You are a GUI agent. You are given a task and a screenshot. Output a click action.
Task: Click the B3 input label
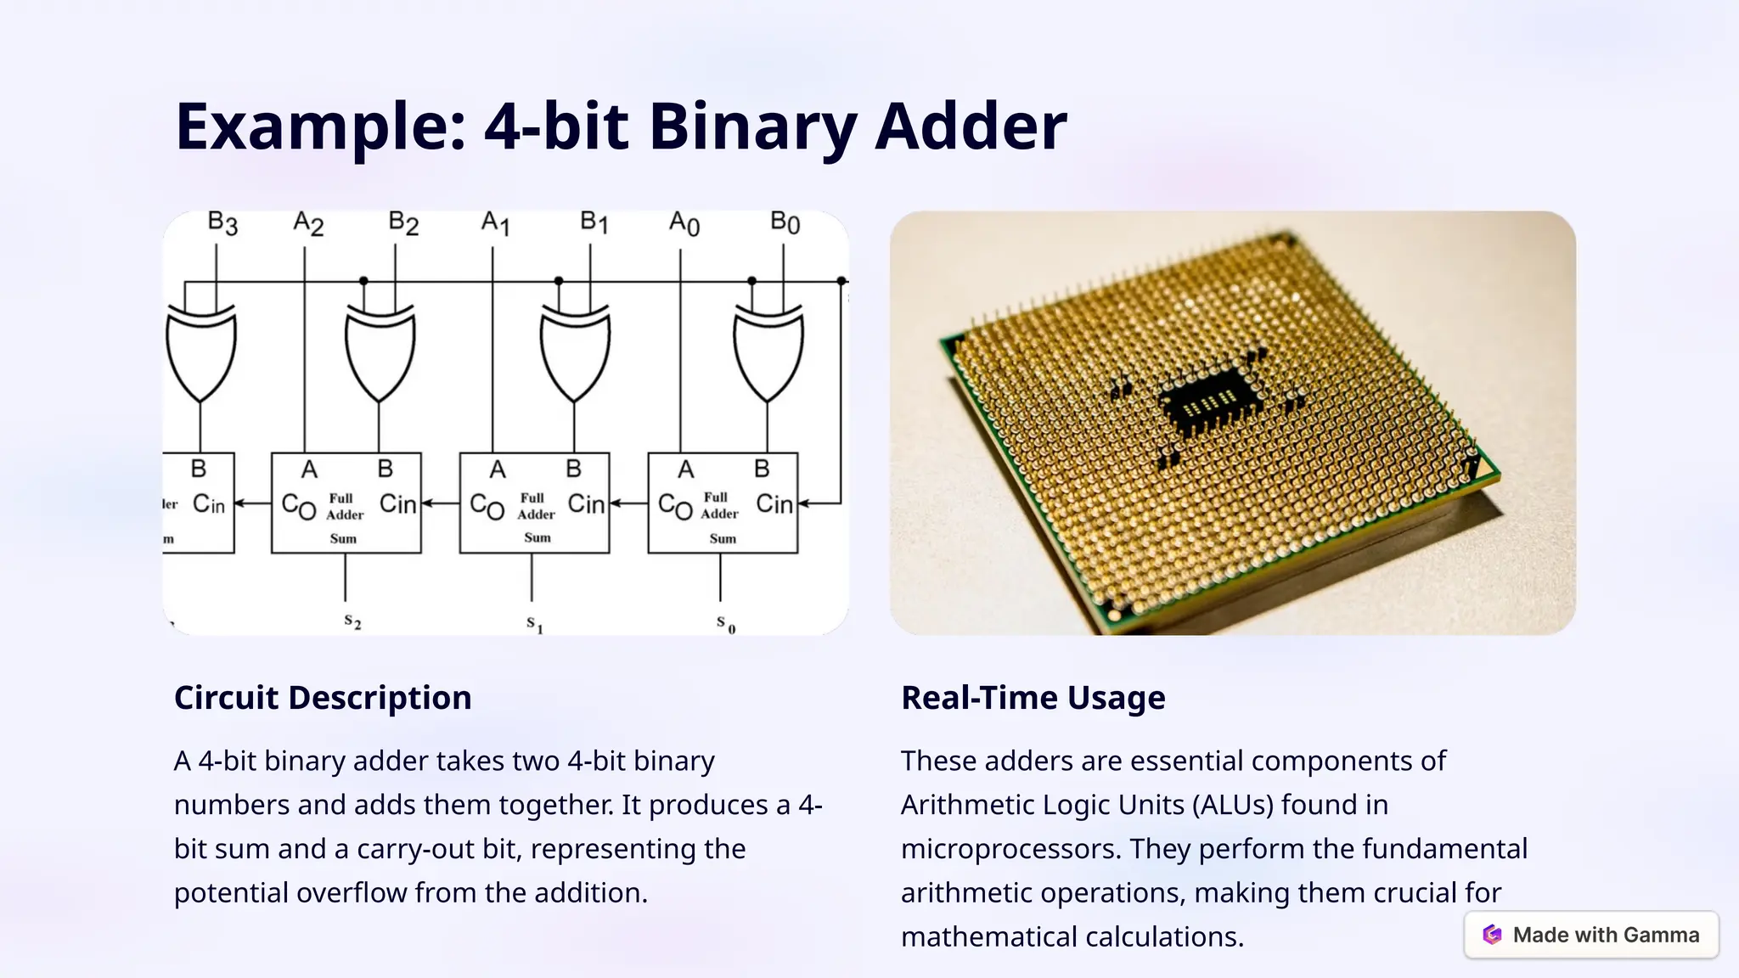tap(222, 223)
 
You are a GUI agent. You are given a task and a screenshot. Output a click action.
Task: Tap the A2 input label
tap(308, 224)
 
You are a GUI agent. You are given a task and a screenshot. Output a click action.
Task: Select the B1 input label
tap(594, 223)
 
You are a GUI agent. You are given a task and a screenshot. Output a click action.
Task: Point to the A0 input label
tap(684, 223)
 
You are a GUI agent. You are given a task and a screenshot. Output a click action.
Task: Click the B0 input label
tap(785, 223)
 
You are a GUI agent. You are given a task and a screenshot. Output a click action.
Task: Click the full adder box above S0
tap(723, 503)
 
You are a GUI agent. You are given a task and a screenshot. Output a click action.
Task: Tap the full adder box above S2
tap(346, 503)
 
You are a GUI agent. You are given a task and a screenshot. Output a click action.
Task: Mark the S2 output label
tap(352, 622)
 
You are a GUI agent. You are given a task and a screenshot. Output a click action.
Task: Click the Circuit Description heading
tap(323, 698)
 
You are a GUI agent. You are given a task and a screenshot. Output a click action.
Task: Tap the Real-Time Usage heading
tap(1033, 698)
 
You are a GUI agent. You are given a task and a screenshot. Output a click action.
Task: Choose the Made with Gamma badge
tap(1591, 935)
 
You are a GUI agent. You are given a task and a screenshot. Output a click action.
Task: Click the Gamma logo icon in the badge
tap(1492, 935)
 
